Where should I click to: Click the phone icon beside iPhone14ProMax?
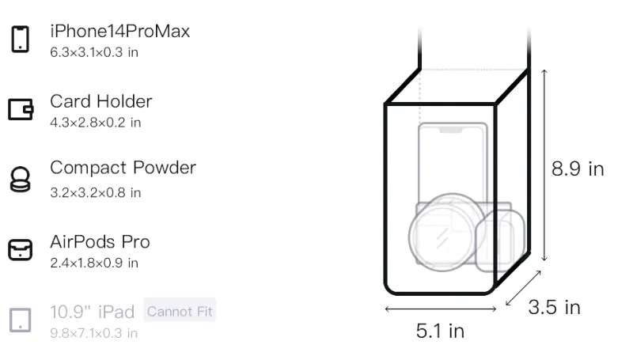pyautogui.click(x=21, y=39)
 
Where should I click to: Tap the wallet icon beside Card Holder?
pyautogui.click(x=21, y=109)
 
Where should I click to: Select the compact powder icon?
pyautogui.click(x=21, y=179)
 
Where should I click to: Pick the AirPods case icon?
pyautogui.click(x=21, y=250)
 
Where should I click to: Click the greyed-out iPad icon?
pyautogui.click(x=21, y=320)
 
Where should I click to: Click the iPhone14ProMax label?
pyautogui.click(x=120, y=31)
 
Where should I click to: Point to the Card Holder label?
pyautogui.click(x=101, y=101)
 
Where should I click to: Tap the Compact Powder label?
pyautogui.click(x=123, y=169)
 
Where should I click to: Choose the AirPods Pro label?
pyautogui.click(x=100, y=242)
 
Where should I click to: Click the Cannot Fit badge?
pyautogui.click(x=180, y=311)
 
